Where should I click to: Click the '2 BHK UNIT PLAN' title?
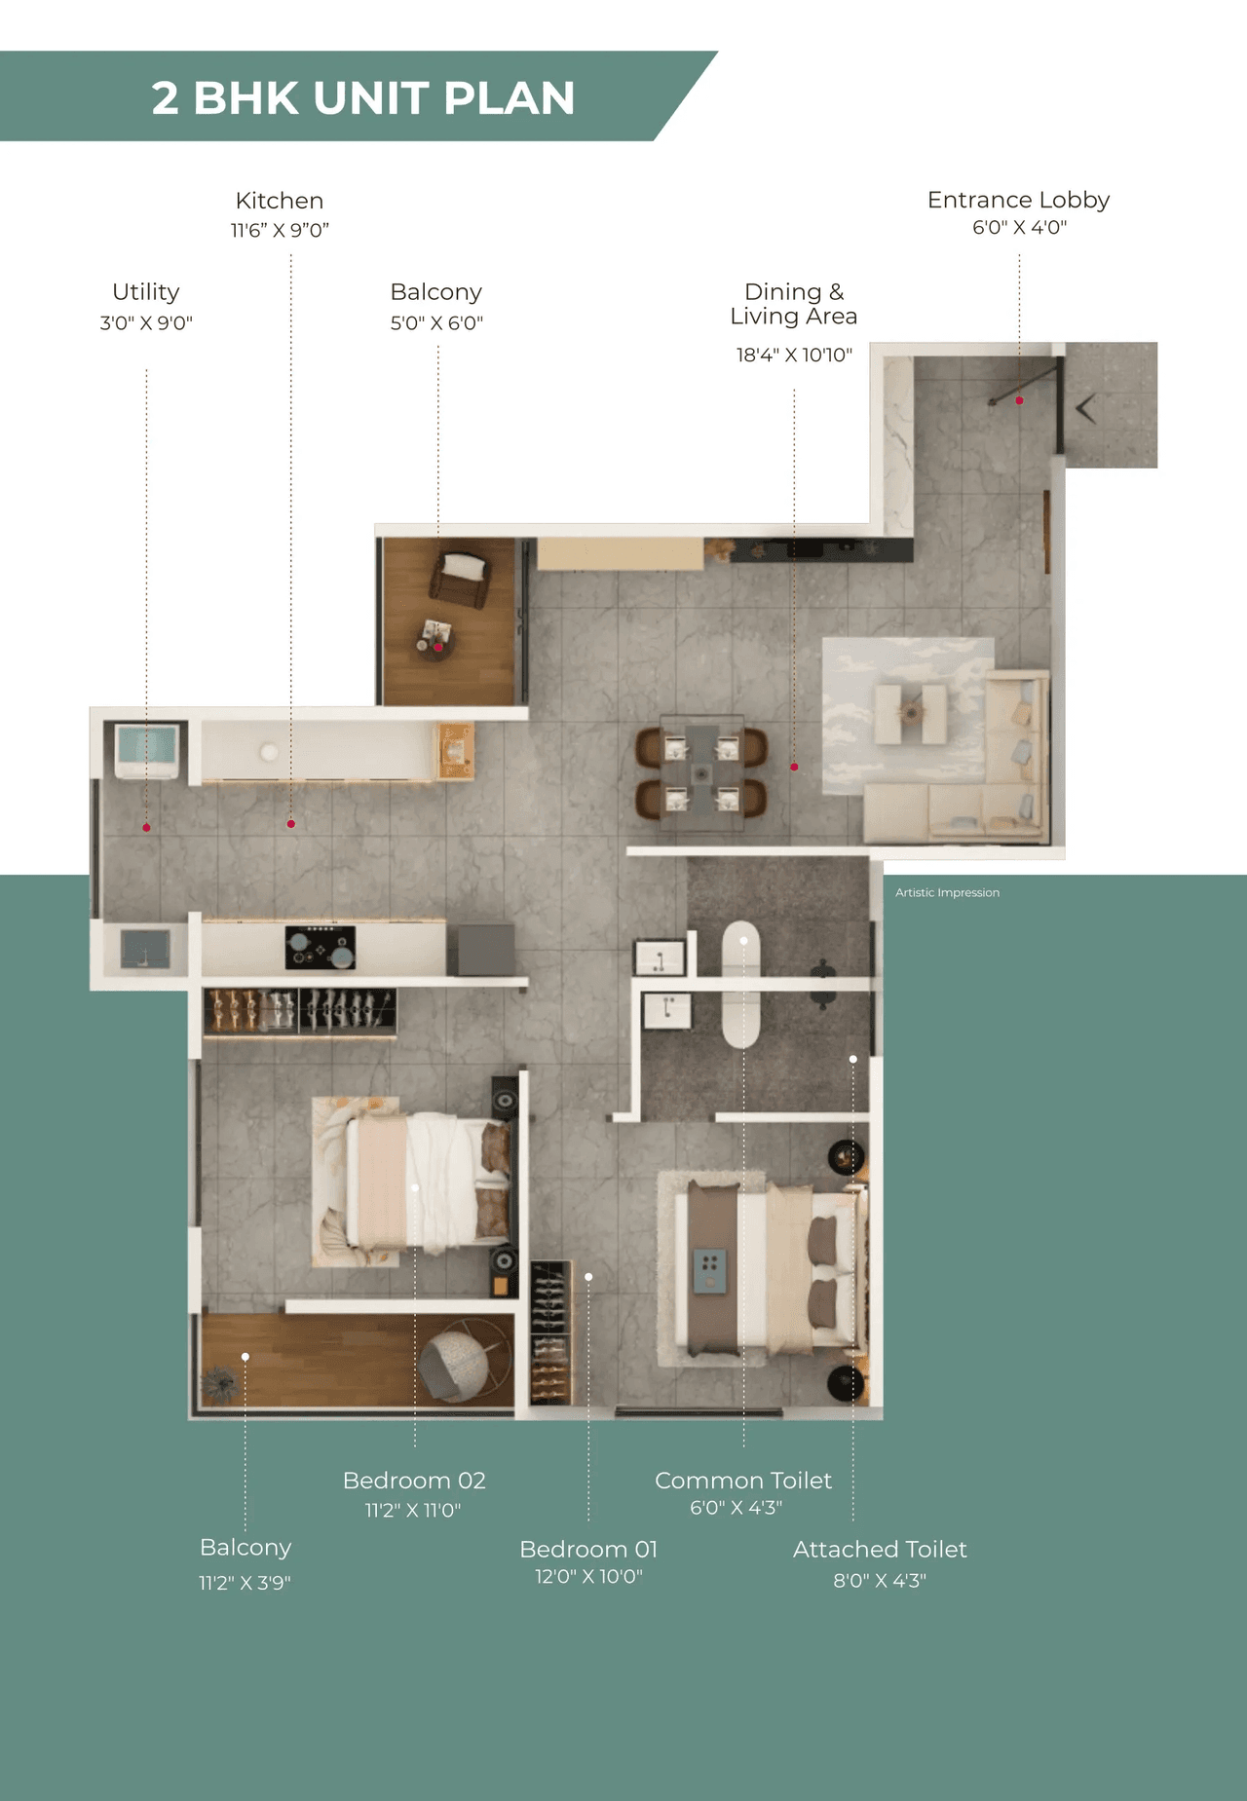[362, 97]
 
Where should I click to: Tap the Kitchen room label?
[280, 201]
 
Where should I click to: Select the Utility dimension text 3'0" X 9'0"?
[146, 323]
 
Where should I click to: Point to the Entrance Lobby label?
[1018, 200]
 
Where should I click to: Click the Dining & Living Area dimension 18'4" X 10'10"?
[794, 356]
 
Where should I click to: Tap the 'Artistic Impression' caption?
[947, 892]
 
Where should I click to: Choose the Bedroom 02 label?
[414, 1481]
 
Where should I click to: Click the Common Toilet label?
[743, 1481]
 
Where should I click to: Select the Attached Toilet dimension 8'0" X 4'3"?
[879, 1581]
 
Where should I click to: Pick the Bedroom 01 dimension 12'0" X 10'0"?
[588, 1576]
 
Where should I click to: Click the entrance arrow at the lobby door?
[1086, 408]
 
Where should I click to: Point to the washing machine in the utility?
[147, 749]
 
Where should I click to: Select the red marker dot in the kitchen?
[291, 824]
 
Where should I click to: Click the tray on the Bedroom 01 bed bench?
[709, 1270]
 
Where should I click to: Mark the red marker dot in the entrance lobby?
[1019, 400]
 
